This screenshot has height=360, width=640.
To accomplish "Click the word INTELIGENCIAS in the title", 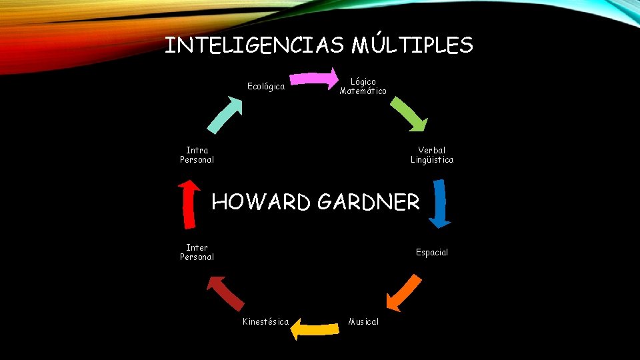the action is (x=254, y=45).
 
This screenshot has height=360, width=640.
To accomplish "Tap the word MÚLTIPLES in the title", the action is (x=412, y=45).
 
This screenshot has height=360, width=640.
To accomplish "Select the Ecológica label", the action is (x=266, y=87).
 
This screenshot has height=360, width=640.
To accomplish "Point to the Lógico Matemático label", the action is (x=363, y=87).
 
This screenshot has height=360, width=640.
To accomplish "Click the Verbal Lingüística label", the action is (x=432, y=155).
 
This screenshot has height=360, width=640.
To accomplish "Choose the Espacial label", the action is (x=432, y=253).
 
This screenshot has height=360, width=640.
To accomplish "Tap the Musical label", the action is (x=363, y=322).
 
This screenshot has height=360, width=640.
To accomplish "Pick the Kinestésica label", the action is (x=265, y=322).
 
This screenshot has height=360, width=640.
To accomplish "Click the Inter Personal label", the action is (x=197, y=252).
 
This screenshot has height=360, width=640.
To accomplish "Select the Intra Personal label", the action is (x=197, y=155).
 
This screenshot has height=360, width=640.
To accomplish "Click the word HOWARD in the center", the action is (x=261, y=201).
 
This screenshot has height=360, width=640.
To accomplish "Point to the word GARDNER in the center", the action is (x=369, y=201).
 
